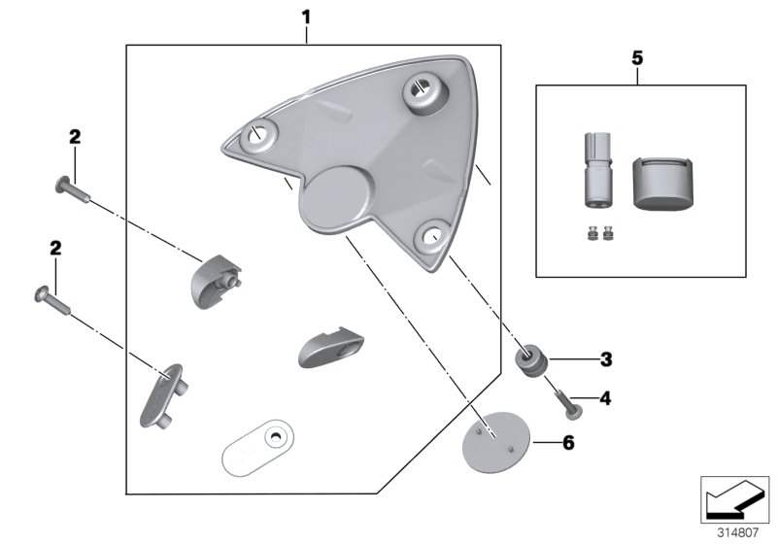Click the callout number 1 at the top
point(306,17)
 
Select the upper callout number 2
point(74,137)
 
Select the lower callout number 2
point(55,250)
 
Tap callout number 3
point(605,360)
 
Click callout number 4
point(605,397)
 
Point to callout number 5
point(637,58)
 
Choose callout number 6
point(569,442)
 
